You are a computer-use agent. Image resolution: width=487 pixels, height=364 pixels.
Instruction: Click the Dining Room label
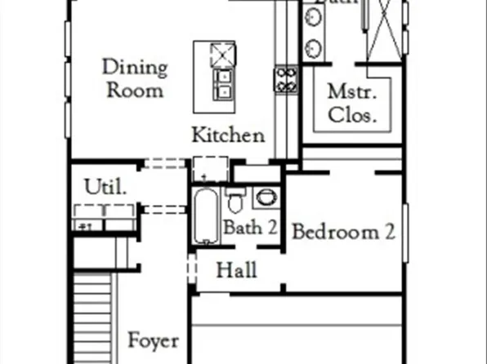[135, 78]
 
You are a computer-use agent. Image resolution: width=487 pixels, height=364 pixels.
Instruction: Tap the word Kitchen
[228, 135]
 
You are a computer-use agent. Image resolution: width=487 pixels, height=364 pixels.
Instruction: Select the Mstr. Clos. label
[352, 103]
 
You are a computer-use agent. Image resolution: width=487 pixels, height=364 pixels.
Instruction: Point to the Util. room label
[106, 187]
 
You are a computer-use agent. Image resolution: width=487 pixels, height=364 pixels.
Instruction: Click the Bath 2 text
[250, 228]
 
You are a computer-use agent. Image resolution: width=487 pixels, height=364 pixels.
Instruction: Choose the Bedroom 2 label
[343, 232]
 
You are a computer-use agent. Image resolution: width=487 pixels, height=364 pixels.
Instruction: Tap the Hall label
[237, 269]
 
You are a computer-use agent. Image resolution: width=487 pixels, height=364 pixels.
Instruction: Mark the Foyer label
[153, 340]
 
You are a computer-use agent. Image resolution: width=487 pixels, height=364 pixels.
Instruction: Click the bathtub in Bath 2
[208, 216]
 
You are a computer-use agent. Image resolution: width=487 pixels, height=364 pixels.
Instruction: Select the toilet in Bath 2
[236, 199]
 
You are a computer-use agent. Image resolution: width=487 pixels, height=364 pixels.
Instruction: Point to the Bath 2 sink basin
[266, 198]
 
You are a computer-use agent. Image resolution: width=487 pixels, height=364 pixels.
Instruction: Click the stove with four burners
[285, 79]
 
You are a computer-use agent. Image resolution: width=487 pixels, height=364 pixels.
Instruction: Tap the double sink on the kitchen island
[221, 82]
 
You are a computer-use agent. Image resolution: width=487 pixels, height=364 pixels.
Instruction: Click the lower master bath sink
[313, 47]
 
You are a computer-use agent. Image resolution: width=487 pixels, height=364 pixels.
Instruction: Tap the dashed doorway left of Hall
[191, 269]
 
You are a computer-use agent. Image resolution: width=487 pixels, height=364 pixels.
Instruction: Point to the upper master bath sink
[313, 18]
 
